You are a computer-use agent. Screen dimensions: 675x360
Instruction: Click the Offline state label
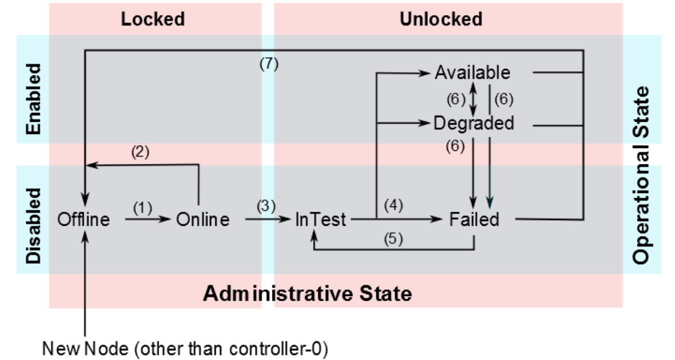point(84,219)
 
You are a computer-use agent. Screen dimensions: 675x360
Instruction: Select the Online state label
point(203,219)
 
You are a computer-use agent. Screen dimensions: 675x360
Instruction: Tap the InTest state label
point(320,219)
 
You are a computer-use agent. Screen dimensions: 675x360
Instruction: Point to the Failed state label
point(474,219)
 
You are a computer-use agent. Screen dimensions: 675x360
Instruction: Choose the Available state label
point(473,72)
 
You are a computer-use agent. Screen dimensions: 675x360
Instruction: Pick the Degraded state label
point(474,123)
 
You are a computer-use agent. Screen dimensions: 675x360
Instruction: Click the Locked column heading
point(153,19)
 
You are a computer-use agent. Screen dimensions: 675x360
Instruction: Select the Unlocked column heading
point(441,19)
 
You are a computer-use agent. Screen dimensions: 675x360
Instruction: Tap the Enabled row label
point(33,99)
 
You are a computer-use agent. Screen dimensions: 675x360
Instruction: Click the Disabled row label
point(33,226)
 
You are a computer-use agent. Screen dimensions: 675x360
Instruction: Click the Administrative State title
point(307,293)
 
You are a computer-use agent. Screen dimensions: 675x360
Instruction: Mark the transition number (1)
point(142,208)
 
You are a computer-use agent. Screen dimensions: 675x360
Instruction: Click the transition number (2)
point(140,152)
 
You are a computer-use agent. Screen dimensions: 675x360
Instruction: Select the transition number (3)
point(266,206)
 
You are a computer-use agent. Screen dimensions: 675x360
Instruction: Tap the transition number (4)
point(393,205)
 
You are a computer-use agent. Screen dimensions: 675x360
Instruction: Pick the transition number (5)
point(393,239)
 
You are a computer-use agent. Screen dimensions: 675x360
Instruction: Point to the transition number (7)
point(269,63)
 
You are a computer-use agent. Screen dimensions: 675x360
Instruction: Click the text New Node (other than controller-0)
point(185,349)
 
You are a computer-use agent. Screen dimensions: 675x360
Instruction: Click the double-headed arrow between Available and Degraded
point(473,99)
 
